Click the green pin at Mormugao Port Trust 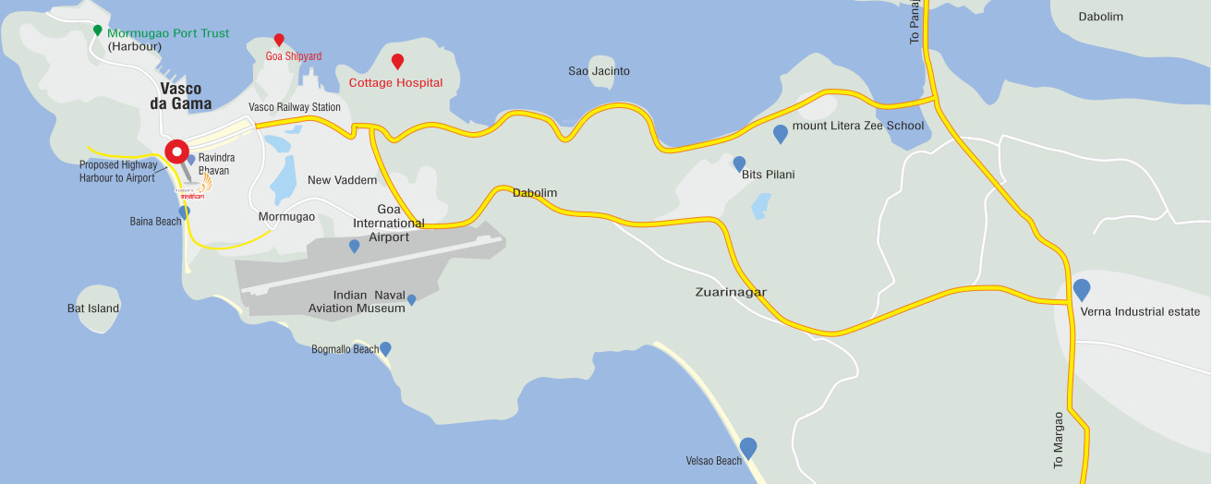[97, 30]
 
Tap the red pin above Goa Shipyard [279, 40]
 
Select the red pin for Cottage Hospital [397, 62]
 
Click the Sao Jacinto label [599, 71]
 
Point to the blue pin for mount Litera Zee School [781, 134]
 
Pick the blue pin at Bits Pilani [739, 163]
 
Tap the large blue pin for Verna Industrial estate [1082, 290]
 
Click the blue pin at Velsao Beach [748, 448]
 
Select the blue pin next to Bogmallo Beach [385, 348]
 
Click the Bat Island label [93, 309]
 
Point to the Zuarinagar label [731, 293]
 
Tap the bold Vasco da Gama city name [181, 96]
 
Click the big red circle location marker [176, 153]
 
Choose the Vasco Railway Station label [295, 107]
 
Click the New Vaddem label [342, 180]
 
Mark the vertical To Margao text [1059, 440]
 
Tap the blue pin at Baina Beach [185, 212]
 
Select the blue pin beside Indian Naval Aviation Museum [412, 299]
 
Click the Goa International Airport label [389, 224]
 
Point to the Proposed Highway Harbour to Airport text [117, 171]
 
